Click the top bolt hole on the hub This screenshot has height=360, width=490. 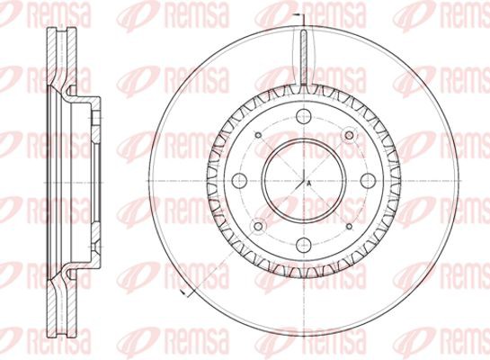pos(304,116)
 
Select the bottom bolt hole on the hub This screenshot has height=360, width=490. pos(304,244)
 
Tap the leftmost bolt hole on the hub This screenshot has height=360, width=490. pos(240,181)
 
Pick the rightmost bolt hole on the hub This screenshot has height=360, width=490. pos(368,181)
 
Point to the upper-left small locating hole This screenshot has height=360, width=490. pos(258,135)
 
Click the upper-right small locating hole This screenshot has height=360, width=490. pos(350,135)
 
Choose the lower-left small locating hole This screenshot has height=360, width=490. pos(258,226)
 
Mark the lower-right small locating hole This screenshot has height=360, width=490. pos(350,226)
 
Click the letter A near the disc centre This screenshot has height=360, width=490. pos(308,184)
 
